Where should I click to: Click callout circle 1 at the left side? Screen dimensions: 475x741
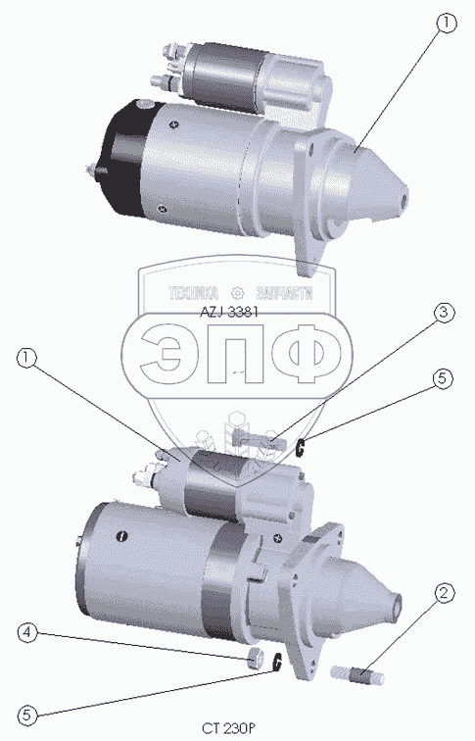26,358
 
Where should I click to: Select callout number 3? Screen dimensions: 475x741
444,314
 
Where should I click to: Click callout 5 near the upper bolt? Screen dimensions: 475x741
443,379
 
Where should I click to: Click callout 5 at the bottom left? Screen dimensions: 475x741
27,715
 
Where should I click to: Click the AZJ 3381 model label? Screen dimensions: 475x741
228,313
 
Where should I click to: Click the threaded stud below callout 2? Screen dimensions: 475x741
357,674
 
